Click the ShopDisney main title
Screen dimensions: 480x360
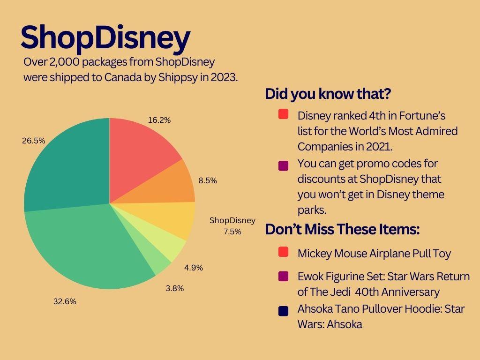(105, 38)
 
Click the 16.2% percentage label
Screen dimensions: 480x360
(159, 120)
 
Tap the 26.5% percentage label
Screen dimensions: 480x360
(34, 141)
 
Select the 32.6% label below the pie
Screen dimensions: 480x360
(65, 301)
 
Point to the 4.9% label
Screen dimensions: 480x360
(194, 268)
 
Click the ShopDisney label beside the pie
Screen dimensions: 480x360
(232, 220)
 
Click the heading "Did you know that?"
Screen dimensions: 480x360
(328, 94)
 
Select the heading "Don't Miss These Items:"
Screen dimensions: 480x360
(342, 229)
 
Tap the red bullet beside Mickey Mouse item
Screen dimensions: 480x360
(284, 252)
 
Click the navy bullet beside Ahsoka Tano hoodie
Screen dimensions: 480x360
(284, 311)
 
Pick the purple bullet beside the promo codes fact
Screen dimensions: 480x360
(284, 165)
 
